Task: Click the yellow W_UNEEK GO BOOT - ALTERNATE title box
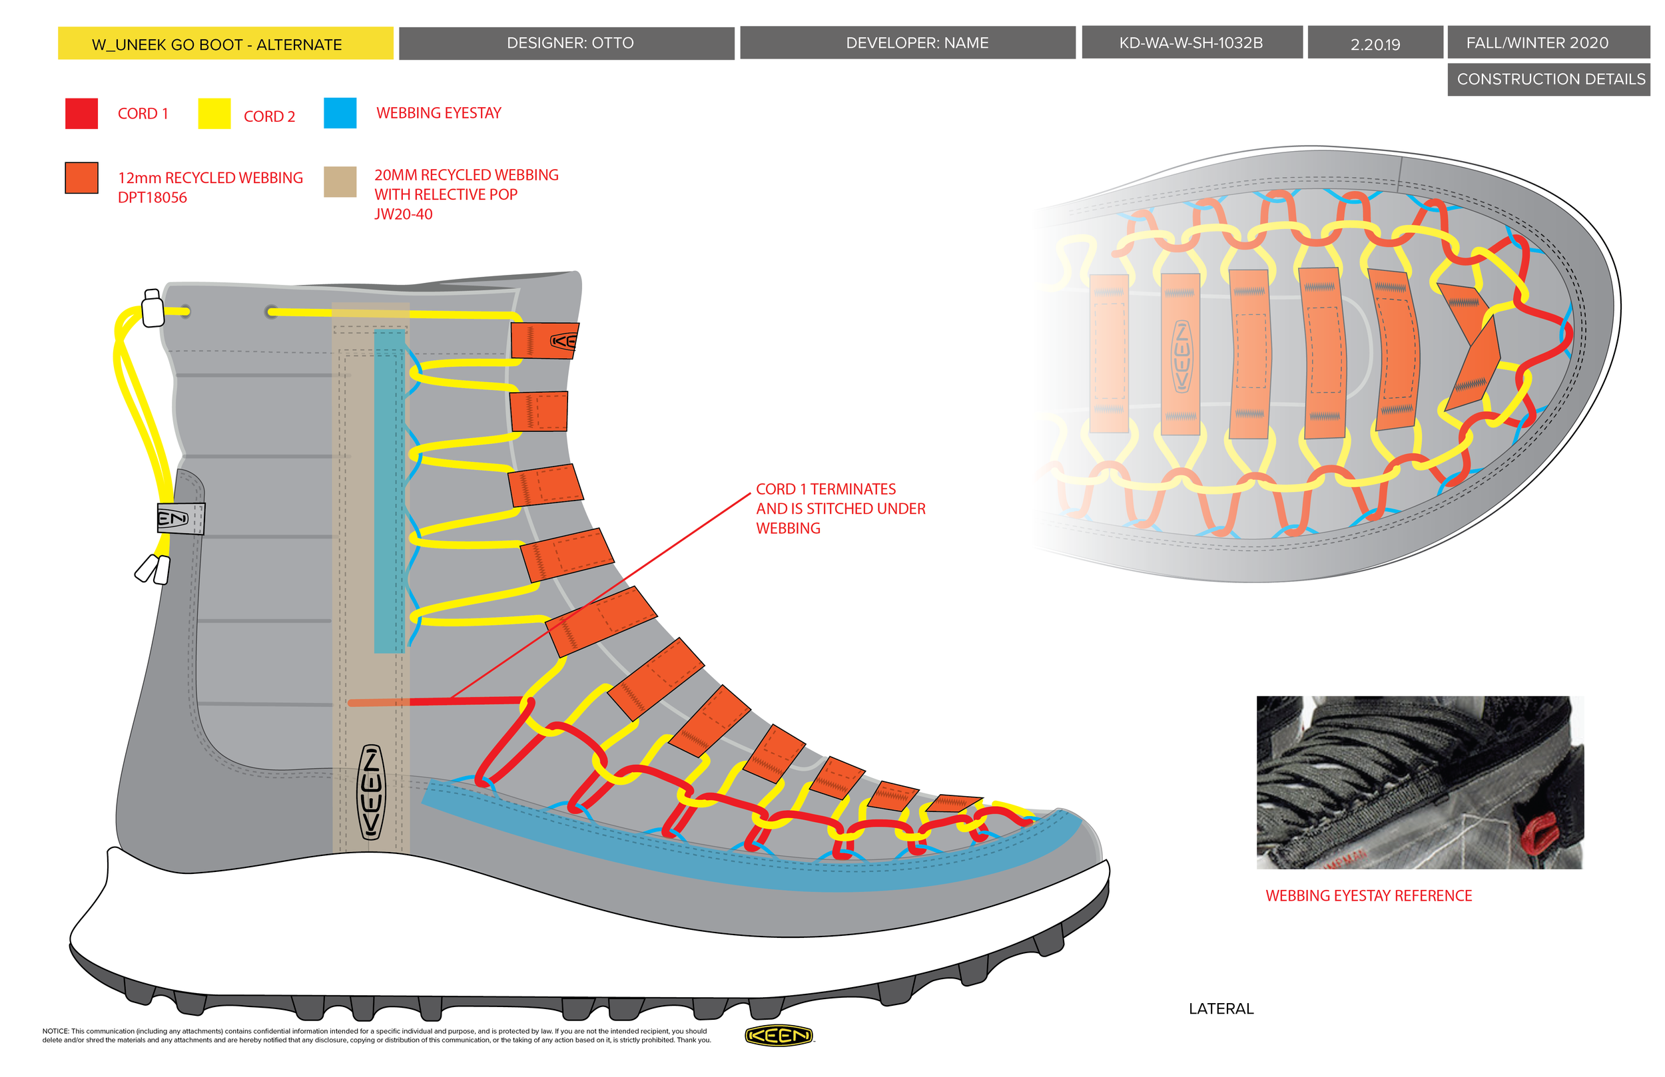[225, 43]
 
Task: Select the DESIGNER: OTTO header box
[567, 43]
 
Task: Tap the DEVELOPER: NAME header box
[907, 43]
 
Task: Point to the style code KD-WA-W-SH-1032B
[1191, 43]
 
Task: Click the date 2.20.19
[1375, 43]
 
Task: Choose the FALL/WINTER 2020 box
[1548, 43]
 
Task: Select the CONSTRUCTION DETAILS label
[1548, 79]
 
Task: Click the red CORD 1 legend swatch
[81, 113]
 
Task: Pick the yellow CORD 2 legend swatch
[214, 113]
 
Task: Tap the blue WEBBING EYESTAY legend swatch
[340, 113]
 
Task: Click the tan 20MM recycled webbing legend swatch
[340, 182]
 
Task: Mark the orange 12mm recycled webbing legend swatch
[81, 178]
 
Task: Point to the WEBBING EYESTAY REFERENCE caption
[1369, 896]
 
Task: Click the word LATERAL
[1221, 1008]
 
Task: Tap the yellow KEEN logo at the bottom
[778, 1036]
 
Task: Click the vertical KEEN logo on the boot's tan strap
[371, 792]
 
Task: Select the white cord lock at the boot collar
[153, 308]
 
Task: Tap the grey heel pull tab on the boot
[180, 519]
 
